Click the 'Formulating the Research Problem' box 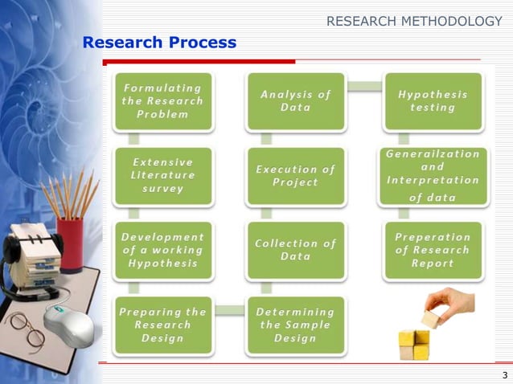coord(162,101)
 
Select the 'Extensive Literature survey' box coord(162,175)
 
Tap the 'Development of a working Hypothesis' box coord(162,250)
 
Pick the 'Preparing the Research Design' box coord(162,325)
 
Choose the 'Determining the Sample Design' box coord(296,325)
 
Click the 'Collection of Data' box coord(296,250)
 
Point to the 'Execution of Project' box coord(296,175)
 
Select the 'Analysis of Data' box coord(296,101)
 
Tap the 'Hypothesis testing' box coord(433,101)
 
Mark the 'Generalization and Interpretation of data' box coord(433,175)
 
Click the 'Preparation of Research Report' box coord(433,250)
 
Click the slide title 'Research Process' coord(159,43)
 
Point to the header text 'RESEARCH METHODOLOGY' coord(414,21)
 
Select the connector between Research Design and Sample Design coord(229,311)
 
